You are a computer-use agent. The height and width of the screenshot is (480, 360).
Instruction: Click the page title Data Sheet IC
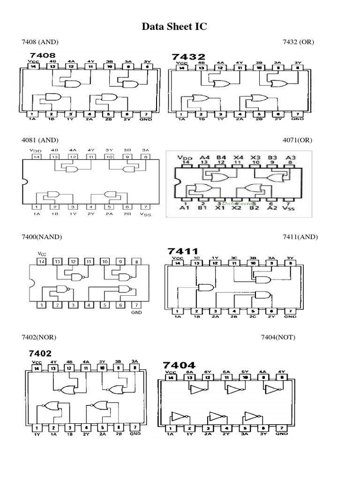[174, 28]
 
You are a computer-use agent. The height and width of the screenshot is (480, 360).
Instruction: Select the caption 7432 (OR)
[298, 42]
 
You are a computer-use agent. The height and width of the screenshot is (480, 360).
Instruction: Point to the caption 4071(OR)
[298, 140]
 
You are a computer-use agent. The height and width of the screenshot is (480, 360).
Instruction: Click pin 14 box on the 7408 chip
[33, 67]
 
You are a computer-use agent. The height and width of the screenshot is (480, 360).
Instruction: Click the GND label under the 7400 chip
[136, 312]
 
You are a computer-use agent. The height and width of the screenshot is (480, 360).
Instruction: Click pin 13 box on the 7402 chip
[53, 368]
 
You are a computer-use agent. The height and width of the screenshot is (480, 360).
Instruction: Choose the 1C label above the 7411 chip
[196, 258]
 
